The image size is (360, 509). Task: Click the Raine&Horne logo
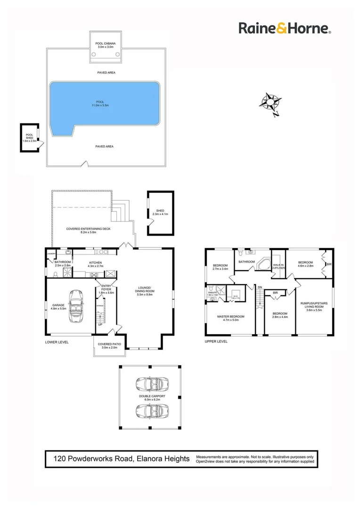pyautogui.click(x=285, y=28)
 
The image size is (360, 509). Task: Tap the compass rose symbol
pyautogui.click(x=270, y=103)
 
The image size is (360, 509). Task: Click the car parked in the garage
pyautogui.click(x=75, y=306)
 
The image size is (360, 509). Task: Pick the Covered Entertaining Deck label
pyautogui.click(x=81, y=230)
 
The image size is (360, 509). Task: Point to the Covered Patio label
pyautogui.click(x=108, y=345)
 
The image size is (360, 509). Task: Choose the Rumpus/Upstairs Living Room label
pyautogui.click(x=314, y=306)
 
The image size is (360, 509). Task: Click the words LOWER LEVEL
pyautogui.click(x=57, y=342)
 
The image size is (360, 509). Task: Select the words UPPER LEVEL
pyautogui.click(x=216, y=342)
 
